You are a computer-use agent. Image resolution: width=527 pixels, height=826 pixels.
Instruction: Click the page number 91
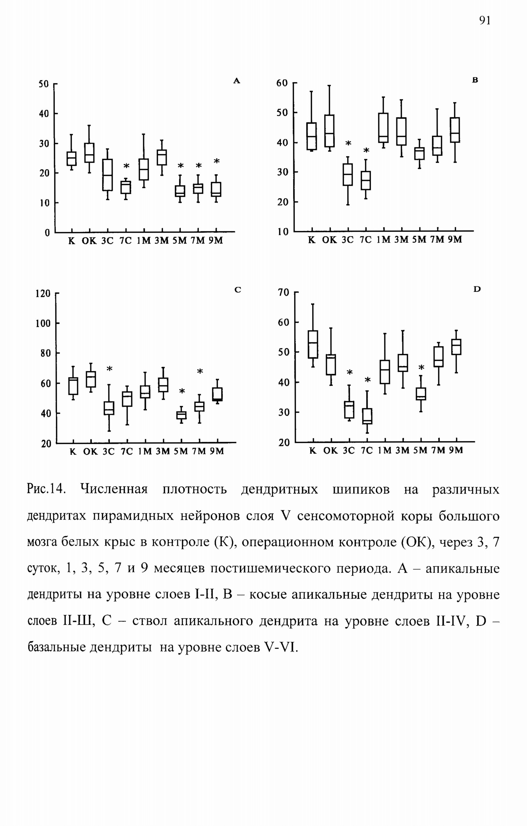[485, 20]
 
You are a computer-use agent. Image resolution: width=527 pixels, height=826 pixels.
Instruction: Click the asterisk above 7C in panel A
[126, 166]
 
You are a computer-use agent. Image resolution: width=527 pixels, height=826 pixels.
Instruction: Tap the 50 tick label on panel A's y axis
[43, 84]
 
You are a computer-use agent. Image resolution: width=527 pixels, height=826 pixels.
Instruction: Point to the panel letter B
[475, 80]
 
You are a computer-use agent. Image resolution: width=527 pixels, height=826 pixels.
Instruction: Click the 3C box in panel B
[348, 175]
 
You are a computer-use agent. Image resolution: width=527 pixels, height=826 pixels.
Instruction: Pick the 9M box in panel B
[455, 130]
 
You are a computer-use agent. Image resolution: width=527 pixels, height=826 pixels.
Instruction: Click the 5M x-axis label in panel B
[419, 240]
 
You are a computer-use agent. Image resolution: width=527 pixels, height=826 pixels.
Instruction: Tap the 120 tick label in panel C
[43, 294]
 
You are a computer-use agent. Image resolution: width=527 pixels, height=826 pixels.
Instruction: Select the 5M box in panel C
[181, 415]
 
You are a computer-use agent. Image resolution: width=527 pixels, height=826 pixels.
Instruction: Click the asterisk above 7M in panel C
[200, 371]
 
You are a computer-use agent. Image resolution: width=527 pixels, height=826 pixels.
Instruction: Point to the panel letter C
[238, 290]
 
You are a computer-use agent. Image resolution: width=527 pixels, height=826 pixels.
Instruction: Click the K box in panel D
[312, 344]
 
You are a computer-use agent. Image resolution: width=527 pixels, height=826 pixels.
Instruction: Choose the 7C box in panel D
[367, 416]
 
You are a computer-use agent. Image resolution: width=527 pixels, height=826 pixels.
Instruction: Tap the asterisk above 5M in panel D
[421, 368]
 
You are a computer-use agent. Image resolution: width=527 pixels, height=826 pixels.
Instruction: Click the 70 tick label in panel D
[283, 292]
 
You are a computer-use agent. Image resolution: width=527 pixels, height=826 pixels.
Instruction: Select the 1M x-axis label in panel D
[385, 450]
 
